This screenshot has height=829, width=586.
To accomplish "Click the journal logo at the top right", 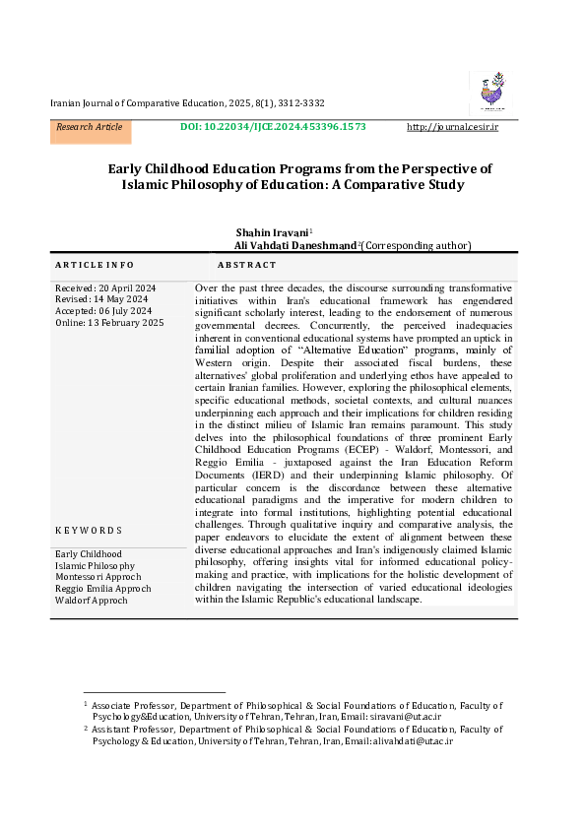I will [490, 92].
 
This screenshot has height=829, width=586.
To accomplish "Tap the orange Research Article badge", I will [90, 128].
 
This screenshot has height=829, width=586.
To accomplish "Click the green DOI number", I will [274, 128].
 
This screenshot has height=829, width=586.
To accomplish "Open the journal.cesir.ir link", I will [452, 128].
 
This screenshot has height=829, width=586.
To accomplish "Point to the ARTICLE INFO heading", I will [95, 266].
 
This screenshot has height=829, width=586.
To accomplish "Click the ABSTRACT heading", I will [247, 266].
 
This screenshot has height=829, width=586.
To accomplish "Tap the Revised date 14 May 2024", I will [102, 299].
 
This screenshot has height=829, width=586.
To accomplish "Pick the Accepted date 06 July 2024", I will [102, 311].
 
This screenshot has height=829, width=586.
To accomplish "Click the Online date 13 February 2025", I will [109, 323].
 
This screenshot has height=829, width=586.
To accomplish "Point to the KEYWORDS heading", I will [89, 531].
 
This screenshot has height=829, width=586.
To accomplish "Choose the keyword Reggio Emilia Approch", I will [103, 588].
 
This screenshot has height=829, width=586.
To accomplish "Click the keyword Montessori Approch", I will [98, 577].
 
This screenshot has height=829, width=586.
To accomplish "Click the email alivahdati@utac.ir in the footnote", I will [412, 740].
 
